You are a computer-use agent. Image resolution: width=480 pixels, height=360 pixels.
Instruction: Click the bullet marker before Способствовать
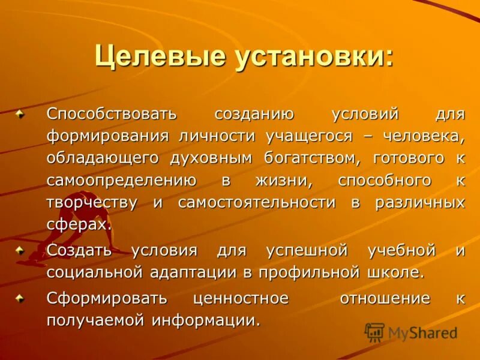click(x=21, y=113)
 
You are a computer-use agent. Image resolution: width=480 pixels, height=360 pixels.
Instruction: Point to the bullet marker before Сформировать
click(x=21, y=298)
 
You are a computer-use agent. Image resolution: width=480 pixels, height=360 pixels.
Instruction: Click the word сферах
click(x=79, y=225)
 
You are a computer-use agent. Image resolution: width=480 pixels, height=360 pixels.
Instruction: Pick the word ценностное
click(x=241, y=298)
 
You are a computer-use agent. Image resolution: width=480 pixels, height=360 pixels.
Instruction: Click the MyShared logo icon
click(x=374, y=332)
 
